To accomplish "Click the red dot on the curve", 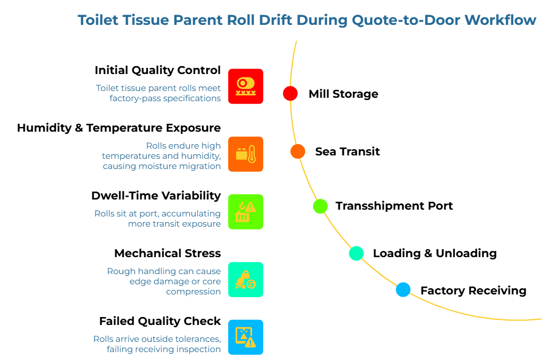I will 290,93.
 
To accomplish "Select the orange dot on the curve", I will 298,151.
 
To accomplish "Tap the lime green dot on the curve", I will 320,206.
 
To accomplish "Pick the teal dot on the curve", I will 356,253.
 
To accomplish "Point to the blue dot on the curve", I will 403,289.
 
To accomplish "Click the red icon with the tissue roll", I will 245,86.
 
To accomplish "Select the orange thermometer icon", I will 245,154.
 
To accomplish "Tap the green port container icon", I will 245,212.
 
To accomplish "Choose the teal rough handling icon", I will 245,279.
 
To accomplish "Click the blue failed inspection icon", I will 245,337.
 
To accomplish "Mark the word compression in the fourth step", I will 193,292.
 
